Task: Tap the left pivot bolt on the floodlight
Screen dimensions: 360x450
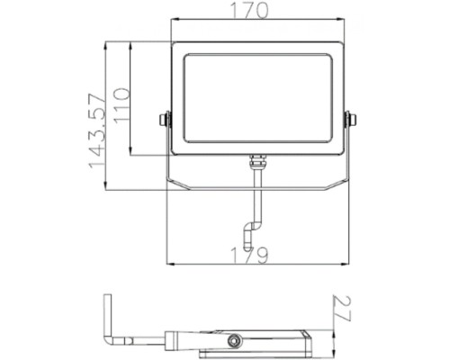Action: tap(164, 119)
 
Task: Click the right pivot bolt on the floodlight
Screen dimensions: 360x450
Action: tap(351, 119)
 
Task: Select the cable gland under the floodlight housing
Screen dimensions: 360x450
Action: tap(256, 163)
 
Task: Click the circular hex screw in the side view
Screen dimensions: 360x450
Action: tap(237, 339)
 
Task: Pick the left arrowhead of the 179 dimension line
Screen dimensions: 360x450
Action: tap(170, 264)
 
